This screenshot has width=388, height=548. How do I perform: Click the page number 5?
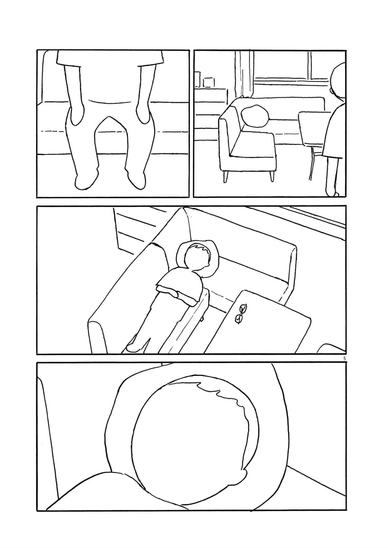344,359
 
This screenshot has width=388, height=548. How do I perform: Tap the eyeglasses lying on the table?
241,314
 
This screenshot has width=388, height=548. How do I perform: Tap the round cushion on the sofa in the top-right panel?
254,116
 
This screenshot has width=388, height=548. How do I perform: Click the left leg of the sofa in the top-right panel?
225,177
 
